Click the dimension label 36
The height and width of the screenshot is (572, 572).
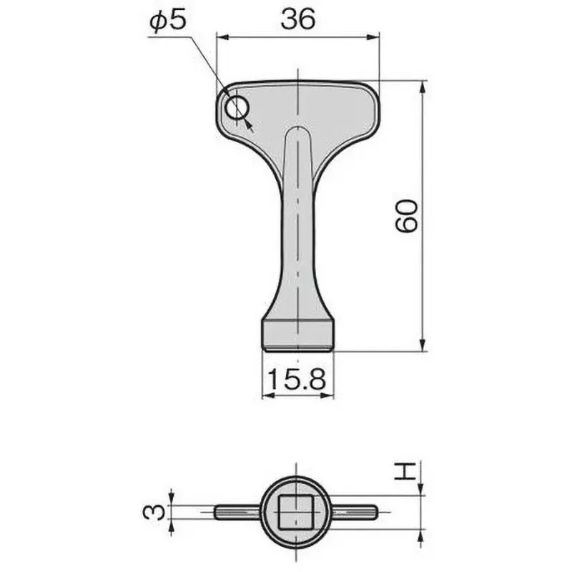tap(297, 21)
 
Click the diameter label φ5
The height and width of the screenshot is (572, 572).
tap(167, 21)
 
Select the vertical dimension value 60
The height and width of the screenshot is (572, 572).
tap(405, 215)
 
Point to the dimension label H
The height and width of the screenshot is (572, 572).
tap(405, 472)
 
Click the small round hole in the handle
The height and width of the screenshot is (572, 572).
tap(237, 109)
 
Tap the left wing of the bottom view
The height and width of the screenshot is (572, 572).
tap(237, 512)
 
